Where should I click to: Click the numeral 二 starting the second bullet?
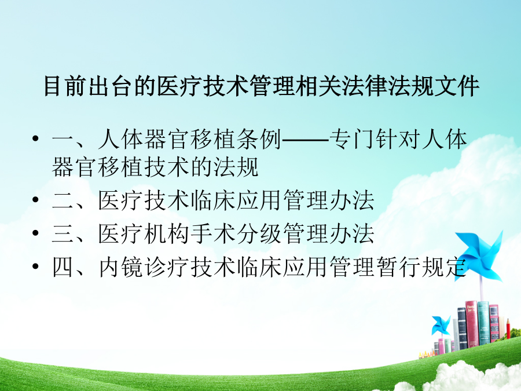(x=63, y=200)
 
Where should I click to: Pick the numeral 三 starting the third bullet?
(x=63, y=234)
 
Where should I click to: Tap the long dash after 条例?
(x=305, y=140)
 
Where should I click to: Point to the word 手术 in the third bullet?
(x=212, y=234)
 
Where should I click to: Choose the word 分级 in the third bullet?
(x=259, y=234)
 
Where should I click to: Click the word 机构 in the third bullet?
(x=167, y=234)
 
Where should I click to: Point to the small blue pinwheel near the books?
(x=441, y=326)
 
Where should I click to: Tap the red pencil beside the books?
(x=508, y=328)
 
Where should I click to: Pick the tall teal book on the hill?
(x=483, y=323)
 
